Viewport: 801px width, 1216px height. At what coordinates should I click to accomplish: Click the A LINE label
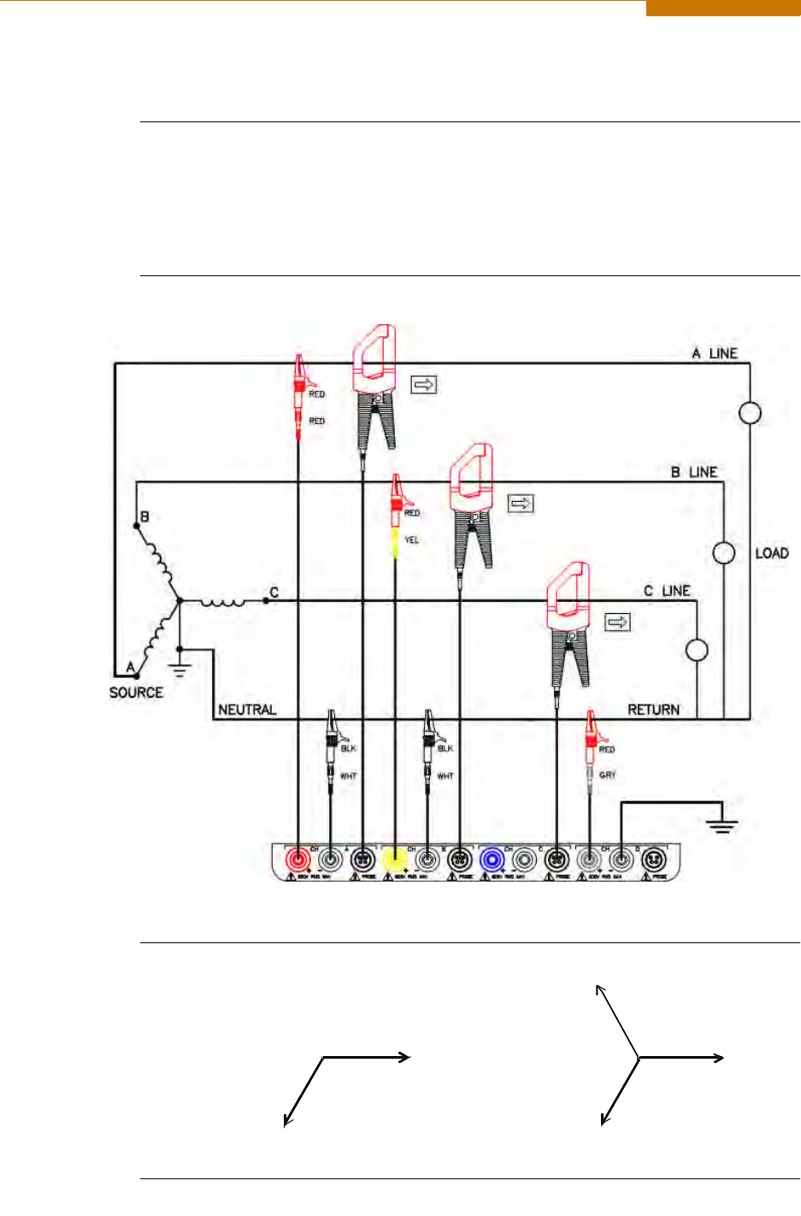[x=715, y=353]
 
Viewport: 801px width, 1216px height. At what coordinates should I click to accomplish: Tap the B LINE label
[x=693, y=472]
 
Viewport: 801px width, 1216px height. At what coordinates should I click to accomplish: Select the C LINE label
[x=667, y=591]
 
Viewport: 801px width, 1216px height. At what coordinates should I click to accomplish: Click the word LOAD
[x=771, y=553]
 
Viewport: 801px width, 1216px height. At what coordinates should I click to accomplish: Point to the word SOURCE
[x=136, y=693]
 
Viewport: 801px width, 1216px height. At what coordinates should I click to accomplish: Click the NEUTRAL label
[x=247, y=710]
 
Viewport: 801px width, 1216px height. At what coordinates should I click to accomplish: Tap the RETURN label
[x=654, y=710]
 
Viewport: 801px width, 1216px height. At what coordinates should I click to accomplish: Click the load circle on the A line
[x=750, y=414]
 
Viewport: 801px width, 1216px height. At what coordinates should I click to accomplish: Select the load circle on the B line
[x=724, y=553]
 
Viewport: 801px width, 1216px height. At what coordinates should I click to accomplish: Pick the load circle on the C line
[x=698, y=651]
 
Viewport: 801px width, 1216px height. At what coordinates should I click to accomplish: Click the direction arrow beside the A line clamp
[x=424, y=385]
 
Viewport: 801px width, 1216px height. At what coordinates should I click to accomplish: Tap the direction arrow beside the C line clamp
[x=617, y=622]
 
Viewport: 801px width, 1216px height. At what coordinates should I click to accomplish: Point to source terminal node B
[x=137, y=525]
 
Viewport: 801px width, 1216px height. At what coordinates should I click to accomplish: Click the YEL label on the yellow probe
[x=412, y=540]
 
